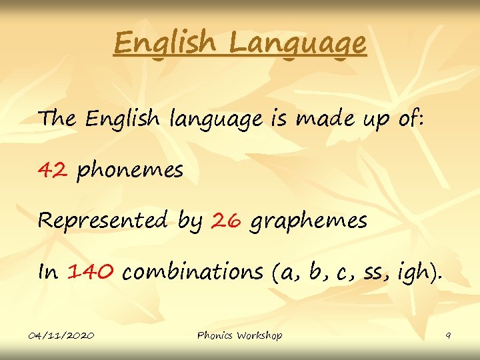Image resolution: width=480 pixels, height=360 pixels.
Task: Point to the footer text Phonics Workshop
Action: [239, 335]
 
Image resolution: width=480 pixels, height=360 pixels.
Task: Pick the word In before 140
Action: [48, 272]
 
